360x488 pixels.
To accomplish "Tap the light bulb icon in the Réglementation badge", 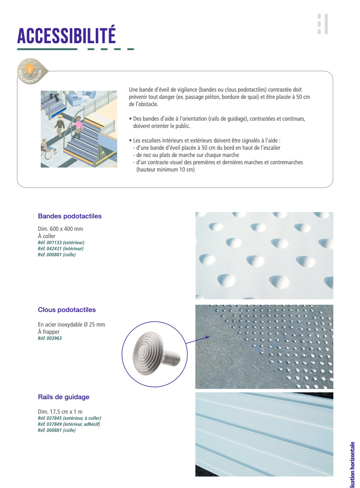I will (29, 69).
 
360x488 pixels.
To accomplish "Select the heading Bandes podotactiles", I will (69, 216).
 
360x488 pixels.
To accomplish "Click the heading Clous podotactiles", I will (67, 310).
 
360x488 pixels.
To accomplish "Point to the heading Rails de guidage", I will (63, 397).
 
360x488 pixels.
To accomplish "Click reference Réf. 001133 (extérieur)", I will (61, 243).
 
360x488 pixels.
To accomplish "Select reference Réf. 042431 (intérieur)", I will (61, 249).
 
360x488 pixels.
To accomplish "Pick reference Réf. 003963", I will (50, 338).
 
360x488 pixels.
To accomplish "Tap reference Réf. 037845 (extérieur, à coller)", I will (69, 418).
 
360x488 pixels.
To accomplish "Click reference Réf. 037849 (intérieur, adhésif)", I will (69, 424).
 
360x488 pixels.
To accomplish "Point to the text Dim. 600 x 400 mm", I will (60, 229).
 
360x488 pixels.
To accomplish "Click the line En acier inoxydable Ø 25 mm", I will (72, 325).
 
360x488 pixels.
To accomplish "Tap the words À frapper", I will (49, 332).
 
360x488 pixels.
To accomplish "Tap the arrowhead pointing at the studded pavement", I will (208, 337).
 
